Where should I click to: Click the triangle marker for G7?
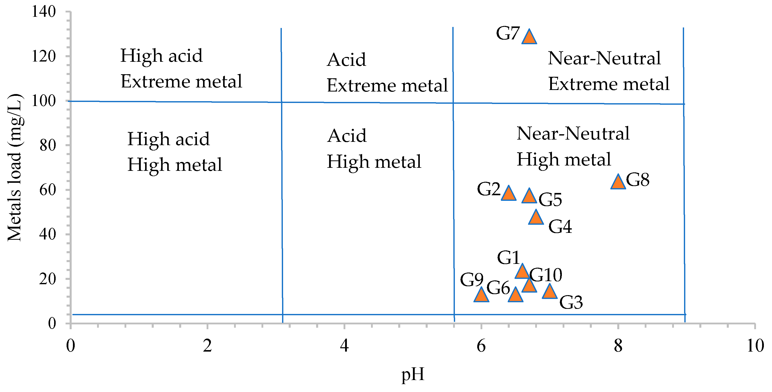point(529,37)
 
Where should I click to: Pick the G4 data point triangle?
point(536,218)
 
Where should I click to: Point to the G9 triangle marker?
point(481,295)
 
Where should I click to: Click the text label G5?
point(550,200)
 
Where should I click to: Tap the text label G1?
point(508,258)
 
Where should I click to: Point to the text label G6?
point(498,288)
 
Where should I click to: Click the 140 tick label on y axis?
point(44,12)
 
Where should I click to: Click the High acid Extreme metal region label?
point(181,69)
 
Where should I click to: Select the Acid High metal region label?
point(374,149)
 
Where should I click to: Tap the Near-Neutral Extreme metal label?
point(608,71)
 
